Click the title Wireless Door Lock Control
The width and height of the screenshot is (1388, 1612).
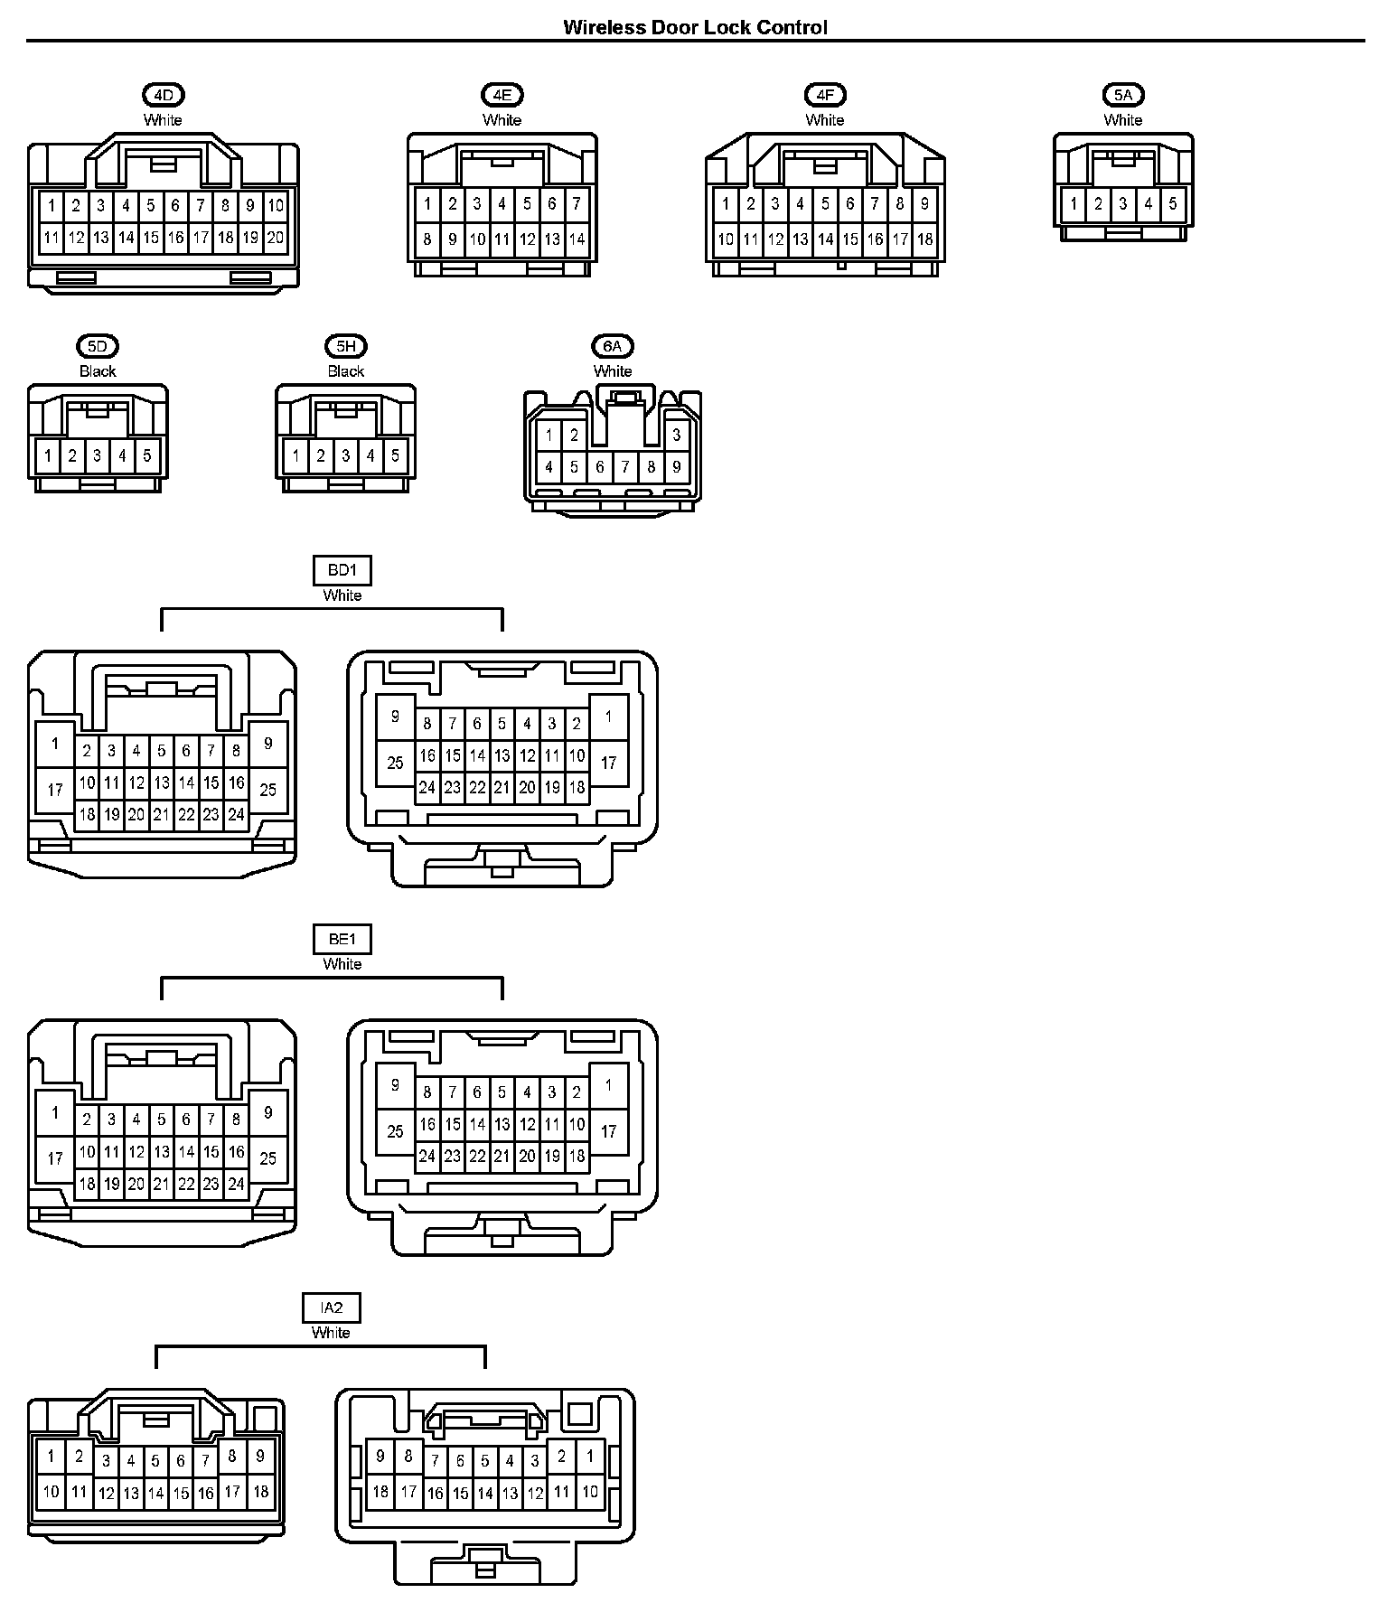pos(695,27)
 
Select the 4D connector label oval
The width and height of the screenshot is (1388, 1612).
pos(163,95)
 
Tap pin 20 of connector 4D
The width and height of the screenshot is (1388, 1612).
pos(276,239)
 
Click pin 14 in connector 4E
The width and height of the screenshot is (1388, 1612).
pos(577,239)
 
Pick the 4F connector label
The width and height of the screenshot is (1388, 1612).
pos(825,95)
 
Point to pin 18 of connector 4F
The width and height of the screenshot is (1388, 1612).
pos(924,239)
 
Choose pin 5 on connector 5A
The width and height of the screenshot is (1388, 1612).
pos(1173,204)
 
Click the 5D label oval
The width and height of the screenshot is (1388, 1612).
pos(98,346)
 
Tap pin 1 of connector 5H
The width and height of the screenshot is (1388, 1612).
pos(295,455)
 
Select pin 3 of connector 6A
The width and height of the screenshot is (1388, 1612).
pos(677,436)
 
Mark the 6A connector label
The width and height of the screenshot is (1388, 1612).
pos(613,346)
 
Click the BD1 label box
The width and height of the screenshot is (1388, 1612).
pos(342,571)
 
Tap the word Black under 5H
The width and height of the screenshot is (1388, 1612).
pos(346,371)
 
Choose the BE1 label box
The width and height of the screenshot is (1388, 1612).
pos(342,940)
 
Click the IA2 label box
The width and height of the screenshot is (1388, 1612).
pos(332,1307)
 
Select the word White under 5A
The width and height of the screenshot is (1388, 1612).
pos(1123,120)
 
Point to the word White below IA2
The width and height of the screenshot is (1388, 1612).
pos(331,1333)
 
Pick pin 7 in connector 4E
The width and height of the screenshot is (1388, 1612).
pos(577,204)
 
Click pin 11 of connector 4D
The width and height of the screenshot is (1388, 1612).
pos(52,239)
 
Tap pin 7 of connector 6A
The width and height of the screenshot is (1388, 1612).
pos(625,468)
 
